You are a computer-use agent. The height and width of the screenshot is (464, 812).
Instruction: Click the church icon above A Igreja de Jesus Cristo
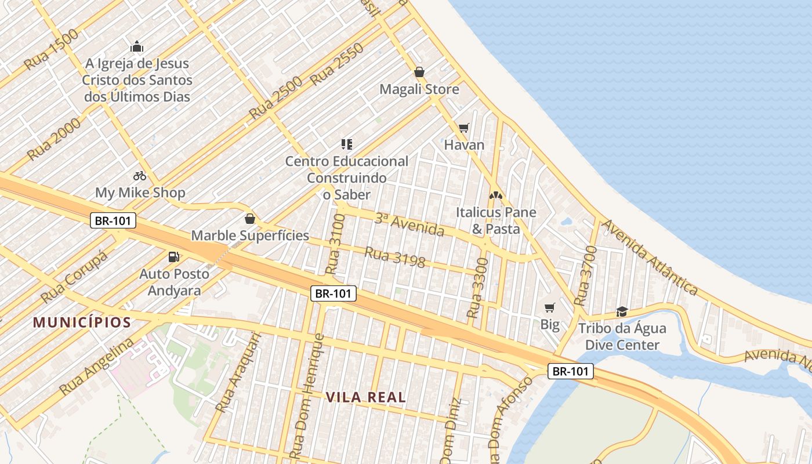(x=137, y=46)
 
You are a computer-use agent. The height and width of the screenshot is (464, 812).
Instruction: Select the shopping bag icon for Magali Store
(x=419, y=72)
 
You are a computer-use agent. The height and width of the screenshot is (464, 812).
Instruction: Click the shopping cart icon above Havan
(x=463, y=128)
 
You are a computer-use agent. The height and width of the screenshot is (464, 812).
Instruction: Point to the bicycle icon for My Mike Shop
(x=140, y=175)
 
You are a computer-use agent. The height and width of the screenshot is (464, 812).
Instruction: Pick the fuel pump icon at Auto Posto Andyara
(x=173, y=256)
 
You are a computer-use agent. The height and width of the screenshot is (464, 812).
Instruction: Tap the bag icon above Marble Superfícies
(x=250, y=219)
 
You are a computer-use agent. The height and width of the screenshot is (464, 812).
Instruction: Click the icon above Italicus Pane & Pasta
(x=495, y=195)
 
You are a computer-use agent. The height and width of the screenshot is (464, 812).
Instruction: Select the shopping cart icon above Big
(x=549, y=307)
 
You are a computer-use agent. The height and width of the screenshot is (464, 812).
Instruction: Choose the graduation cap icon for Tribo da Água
(x=622, y=312)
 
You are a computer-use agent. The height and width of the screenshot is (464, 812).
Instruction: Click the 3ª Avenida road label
(x=409, y=224)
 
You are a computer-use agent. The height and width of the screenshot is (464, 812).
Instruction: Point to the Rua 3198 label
(x=395, y=258)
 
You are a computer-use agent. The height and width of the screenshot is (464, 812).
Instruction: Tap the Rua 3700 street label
(x=585, y=276)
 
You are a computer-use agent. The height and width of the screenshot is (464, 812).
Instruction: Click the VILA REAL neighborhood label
(x=365, y=398)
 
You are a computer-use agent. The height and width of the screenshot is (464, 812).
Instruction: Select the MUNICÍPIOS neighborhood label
(x=82, y=322)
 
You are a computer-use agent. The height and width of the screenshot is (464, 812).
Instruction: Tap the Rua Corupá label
(x=74, y=277)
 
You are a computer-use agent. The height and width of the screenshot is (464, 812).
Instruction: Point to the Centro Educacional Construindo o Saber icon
(x=347, y=144)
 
